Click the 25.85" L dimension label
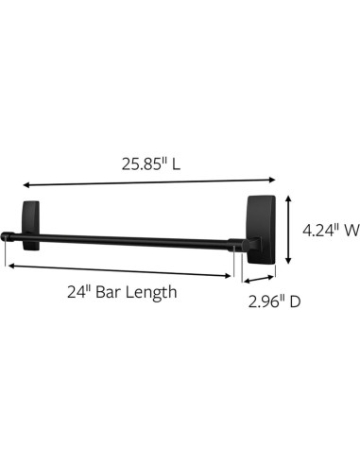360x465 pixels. pyautogui.click(x=150, y=164)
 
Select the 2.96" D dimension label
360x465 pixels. pyautogui.click(x=275, y=302)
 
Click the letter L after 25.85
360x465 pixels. pyautogui.click(x=177, y=164)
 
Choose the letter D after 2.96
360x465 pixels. pyautogui.click(x=297, y=302)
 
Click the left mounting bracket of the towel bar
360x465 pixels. pyautogui.click(x=30, y=225)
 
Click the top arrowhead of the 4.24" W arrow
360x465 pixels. pyautogui.click(x=289, y=198)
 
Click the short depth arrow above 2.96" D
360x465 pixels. pyautogui.click(x=257, y=279)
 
